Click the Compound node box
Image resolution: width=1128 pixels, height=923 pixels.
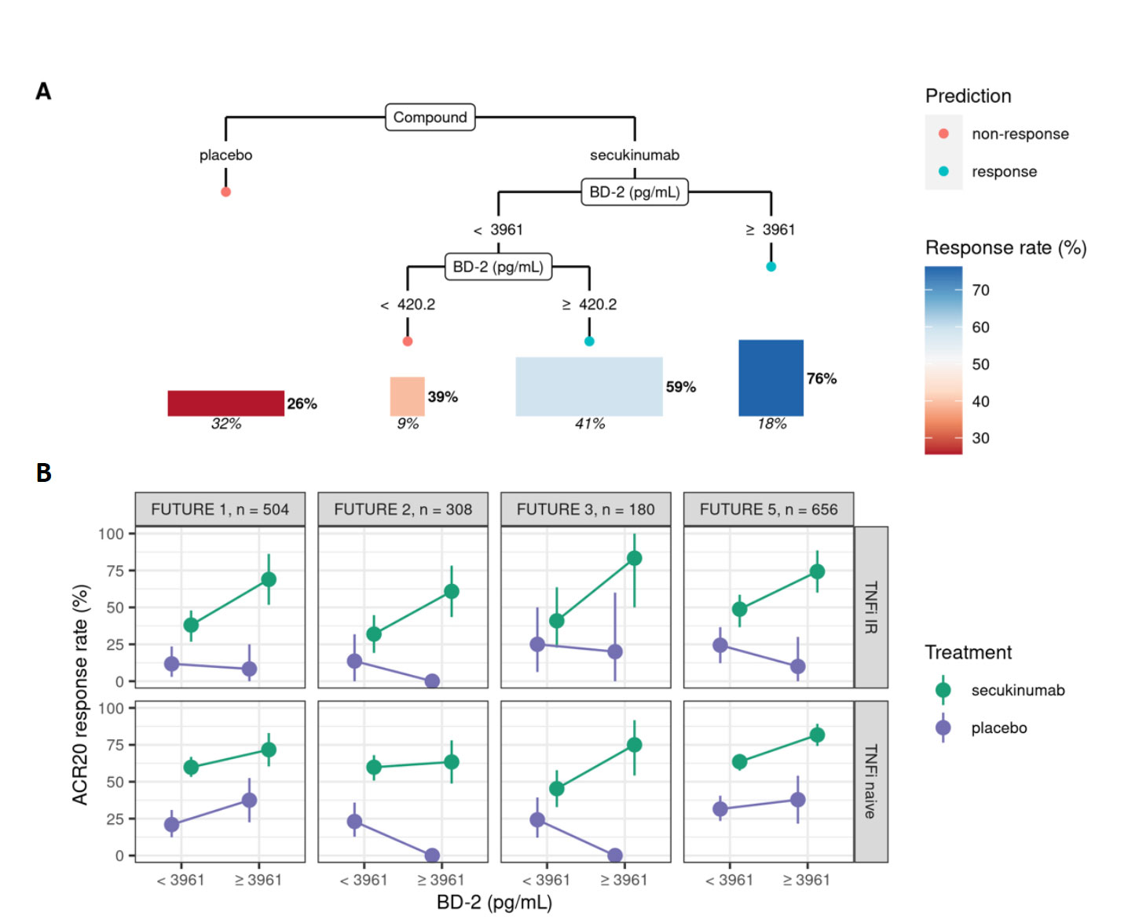pyautogui.click(x=430, y=117)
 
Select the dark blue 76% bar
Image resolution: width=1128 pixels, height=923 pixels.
pyautogui.click(x=771, y=378)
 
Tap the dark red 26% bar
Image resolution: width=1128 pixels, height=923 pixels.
pyautogui.click(x=225, y=403)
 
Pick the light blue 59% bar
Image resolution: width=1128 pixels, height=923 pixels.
pyautogui.click(x=588, y=386)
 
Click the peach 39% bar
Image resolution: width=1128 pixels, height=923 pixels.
pyautogui.click(x=407, y=396)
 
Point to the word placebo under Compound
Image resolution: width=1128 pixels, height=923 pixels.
pyautogui.click(x=225, y=155)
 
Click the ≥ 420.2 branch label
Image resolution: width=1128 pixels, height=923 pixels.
pyautogui.click(x=589, y=305)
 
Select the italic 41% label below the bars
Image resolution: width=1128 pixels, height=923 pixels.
pyautogui.click(x=590, y=424)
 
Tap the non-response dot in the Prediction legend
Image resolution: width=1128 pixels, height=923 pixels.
pyautogui.click(x=943, y=133)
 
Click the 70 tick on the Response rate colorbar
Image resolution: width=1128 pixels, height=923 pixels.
pyautogui.click(x=980, y=290)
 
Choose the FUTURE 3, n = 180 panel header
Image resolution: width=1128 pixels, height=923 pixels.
pyautogui.click(x=585, y=509)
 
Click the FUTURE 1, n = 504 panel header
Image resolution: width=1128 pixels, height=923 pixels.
pyautogui.click(x=220, y=509)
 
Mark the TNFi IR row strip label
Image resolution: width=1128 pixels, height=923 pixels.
pyautogui.click(x=870, y=607)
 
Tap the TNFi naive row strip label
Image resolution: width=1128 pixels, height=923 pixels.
pyautogui.click(x=870, y=782)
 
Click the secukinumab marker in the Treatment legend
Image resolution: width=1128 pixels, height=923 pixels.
pyautogui.click(x=943, y=690)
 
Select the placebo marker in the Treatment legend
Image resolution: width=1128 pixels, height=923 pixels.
pyautogui.click(x=943, y=728)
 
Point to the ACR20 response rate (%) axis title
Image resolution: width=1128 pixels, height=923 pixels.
pyautogui.click(x=80, y=695)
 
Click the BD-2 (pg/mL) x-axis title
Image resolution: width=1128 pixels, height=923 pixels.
pyautogui.click(x=494, y=903)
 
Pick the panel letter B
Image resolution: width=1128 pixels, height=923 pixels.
pyautogui.click(x=44, y=472)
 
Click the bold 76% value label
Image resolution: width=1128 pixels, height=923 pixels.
pyautogui.click(x=822, y=378)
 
